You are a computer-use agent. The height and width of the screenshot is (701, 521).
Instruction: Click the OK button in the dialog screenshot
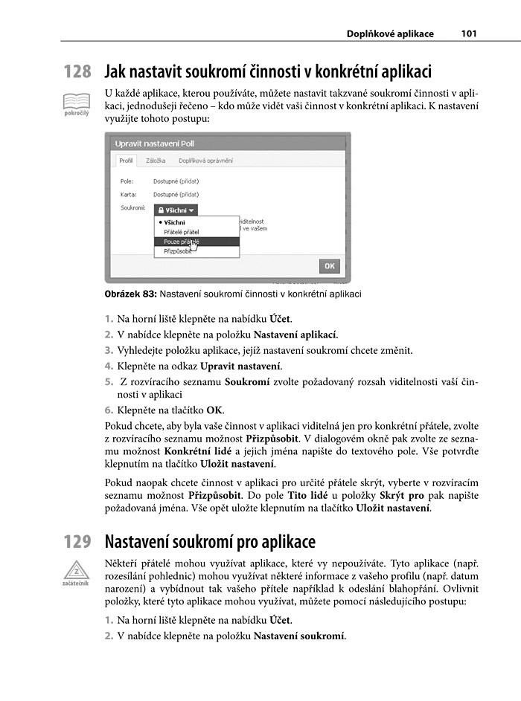pos(329,265)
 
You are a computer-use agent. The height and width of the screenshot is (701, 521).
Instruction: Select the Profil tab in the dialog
pos(126,161)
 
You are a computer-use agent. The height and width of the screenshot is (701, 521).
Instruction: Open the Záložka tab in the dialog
pos(156,161)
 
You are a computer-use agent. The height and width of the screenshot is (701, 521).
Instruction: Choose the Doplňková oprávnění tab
pos(205,161)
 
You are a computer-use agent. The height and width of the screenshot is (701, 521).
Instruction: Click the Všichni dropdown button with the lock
pos(176,210)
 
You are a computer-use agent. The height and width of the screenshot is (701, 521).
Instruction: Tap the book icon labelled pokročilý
pos(76,100)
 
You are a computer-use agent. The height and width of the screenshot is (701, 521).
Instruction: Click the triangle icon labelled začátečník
pos(76,571)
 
